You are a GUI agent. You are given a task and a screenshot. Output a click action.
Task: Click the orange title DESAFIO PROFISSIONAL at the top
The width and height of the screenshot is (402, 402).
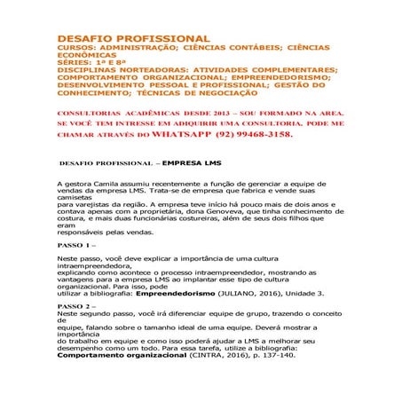133,39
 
